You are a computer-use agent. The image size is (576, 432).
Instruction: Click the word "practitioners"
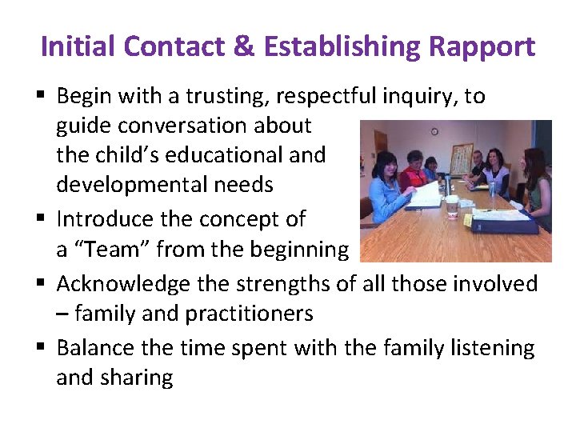pos(249,313)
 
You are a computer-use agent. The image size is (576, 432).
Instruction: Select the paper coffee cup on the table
pos(452,206)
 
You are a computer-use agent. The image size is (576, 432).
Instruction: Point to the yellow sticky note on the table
pos(467,219)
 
